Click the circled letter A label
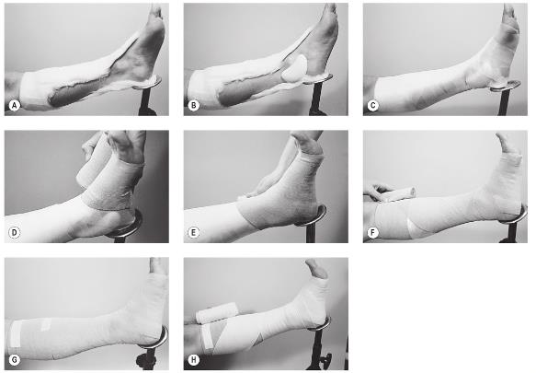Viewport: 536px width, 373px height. pyautogui.click(x=14, y=106)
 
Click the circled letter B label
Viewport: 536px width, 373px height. pyautogui.click(x=193, y=106)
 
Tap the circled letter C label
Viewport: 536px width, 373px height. pyautogui.click(x=372, y=106)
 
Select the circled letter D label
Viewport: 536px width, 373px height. pyautogui.click(x=14, y=233)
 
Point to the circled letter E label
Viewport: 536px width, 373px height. pyautogui.click(x=193, y=233)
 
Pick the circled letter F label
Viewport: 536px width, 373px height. pyautogui.click(x=372, y=233)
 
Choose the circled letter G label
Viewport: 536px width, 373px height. pyautogui.click(x=14, y=360)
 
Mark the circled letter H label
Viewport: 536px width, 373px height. pyautogui.click(x=193, y=360)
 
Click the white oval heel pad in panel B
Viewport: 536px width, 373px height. pyautogui.click(x=294, y=68)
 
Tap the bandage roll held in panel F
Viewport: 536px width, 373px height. pyautogui.click(x=397, y=194)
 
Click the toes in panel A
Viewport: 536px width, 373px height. pyautogui.click(x=156, y=12)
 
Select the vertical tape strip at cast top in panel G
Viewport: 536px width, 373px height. pyautogui.click(x=15, y=334)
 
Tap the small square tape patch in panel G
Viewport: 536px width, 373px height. pyautogui.click(x=46, y=324)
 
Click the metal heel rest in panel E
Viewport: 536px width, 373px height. pyautogui.click(x=313, y=216)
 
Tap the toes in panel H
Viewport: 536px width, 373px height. pyautogui.click(x=315, y=268)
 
